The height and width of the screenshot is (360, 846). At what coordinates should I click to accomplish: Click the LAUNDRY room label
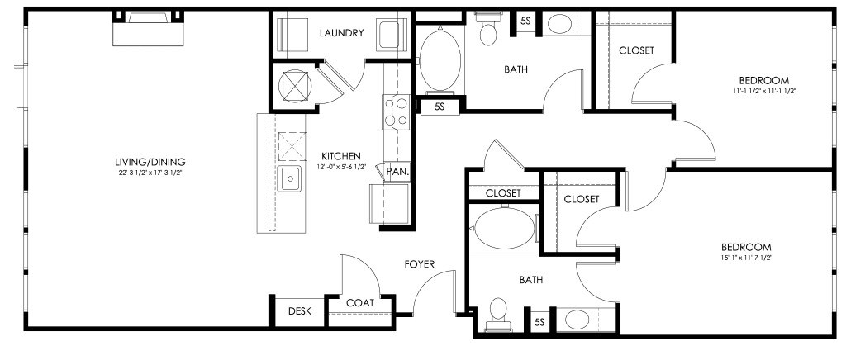click(341, 33)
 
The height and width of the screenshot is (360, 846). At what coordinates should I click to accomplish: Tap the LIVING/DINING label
click(150, 162)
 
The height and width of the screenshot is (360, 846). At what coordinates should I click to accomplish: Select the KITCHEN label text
click(341, 156)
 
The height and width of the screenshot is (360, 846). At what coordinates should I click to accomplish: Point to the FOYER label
click(420, 264)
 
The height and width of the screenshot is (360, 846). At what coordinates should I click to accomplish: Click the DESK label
click(299, 311)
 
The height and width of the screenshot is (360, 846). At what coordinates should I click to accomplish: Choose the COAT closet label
click(360, 303)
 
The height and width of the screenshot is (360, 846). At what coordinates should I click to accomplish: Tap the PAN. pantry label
click(399, 173)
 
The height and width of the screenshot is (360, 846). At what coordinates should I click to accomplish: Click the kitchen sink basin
click(290, 179)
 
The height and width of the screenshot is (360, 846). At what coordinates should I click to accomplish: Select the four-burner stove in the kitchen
click(396, 112)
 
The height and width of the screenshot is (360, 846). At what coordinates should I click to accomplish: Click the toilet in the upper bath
click(487, 29)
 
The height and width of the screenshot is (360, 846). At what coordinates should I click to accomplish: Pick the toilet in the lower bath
click(497, 315)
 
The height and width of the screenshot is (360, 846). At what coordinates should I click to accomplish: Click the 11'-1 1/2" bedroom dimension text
click(764, 91)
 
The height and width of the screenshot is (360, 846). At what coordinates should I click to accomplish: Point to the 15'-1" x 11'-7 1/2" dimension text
click(746, 258)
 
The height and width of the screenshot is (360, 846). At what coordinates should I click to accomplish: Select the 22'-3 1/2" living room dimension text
click(150, 173)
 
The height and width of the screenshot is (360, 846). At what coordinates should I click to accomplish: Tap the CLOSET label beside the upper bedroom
click(636, 50)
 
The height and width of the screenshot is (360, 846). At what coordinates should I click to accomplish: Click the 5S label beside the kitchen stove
click(440, 107)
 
